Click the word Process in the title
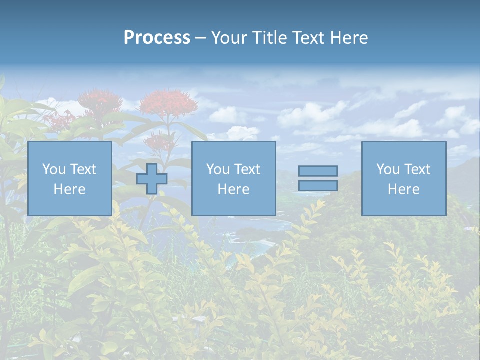coord(157,38)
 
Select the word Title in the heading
coord(270,38)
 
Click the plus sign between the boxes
coord(152,179)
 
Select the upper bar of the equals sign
coord(318,171)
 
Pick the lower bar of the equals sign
coord(318,186)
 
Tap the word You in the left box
coord(54,169)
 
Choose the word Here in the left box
coord(69,189)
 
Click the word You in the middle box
coord(218,169)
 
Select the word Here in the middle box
coord(233,189)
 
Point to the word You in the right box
coord(388,169)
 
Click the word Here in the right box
coord(403,189)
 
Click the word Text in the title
coord(307,38)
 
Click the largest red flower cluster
coord(168,102)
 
